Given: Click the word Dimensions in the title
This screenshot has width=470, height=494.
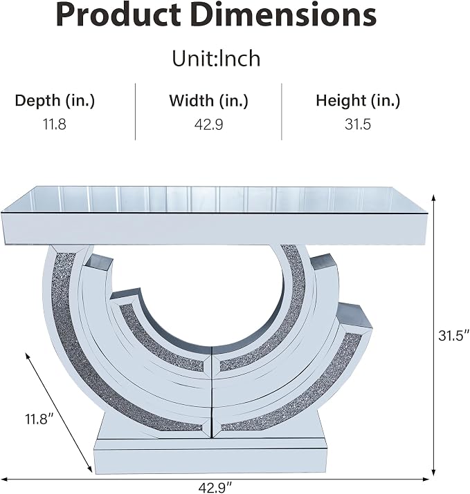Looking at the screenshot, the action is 284,15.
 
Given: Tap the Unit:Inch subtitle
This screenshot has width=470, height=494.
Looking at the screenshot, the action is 216,58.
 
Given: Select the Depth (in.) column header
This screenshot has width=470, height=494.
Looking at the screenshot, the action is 55,101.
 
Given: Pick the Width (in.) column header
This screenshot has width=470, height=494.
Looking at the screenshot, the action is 208,101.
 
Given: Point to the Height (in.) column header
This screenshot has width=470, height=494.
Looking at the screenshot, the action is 358,101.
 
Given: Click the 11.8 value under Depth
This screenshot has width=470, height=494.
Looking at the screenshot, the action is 54,124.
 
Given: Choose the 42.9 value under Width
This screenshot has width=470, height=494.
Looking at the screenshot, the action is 208,124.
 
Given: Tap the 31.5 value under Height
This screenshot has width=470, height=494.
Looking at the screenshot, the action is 358,124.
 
